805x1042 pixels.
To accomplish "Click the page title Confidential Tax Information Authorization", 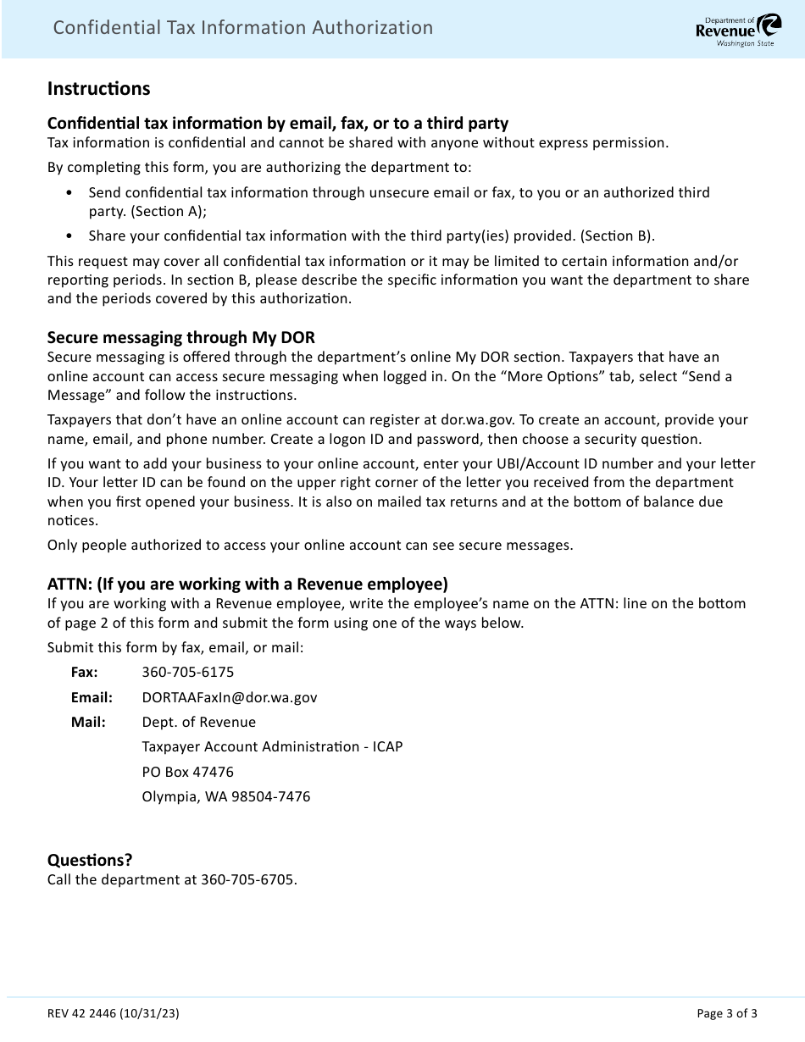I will coord(242,28).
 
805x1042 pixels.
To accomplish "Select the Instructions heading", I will coord(98,88).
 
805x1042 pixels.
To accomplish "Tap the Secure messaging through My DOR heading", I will coord(180,337).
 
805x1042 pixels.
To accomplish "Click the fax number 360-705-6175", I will coord(188,673).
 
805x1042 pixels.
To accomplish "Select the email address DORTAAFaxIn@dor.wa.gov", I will coord(230,697).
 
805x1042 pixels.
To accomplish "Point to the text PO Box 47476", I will coord(188,772).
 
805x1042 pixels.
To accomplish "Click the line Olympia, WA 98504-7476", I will coord(225,797).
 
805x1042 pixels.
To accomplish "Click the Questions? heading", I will coord(90,860).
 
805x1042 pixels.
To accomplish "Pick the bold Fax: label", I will coord(84,673).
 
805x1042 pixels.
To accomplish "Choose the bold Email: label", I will coord(92,697).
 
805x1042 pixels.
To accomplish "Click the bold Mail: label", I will coord(88,723).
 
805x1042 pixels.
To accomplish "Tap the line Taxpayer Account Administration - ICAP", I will coord(272,747).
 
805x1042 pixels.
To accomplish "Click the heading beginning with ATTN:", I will coord(247,584).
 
